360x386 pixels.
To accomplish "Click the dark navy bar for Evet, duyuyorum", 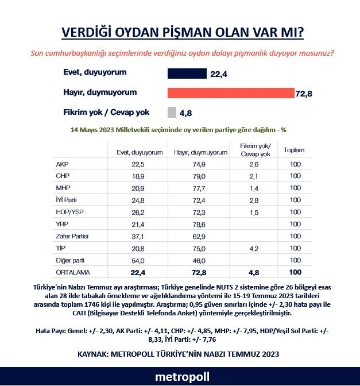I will [x=187, y=74].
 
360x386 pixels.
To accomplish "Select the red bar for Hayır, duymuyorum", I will [x=230, y=93].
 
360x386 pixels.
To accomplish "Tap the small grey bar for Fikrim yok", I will [x=172, y=112].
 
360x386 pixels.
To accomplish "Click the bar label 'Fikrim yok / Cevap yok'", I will [x=107, y=112].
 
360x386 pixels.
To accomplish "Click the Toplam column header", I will [x=295, y=150].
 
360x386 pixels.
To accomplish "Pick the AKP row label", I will [x=63, y=164].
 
